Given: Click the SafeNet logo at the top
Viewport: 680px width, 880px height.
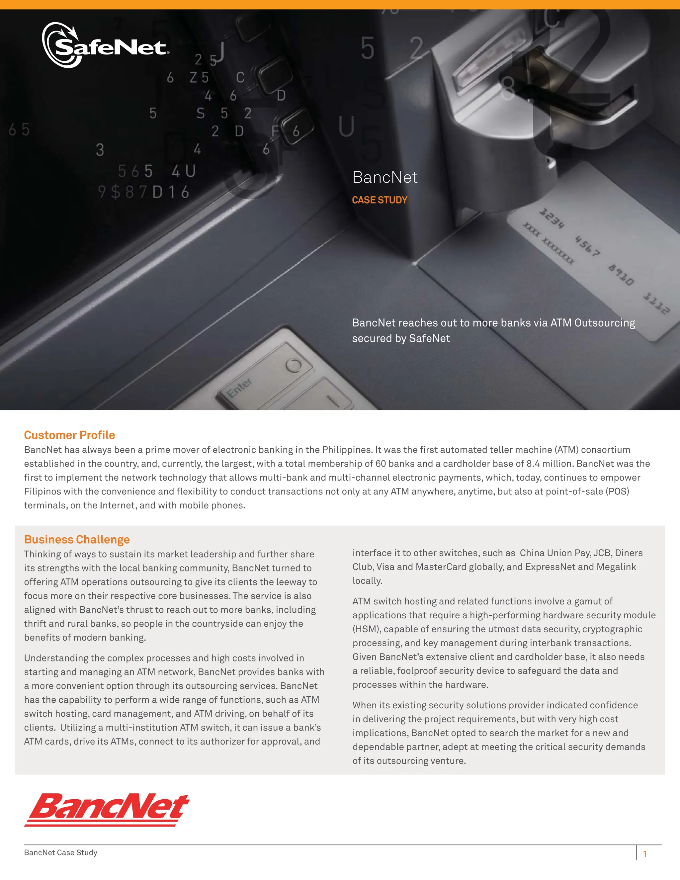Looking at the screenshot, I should (x=106, y=45).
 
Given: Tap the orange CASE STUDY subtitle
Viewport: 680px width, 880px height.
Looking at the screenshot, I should (x=380, y=200).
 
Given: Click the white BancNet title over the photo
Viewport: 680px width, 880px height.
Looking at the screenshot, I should (x=385, y=177).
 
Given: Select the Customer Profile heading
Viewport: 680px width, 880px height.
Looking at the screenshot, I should (x=69, y=435).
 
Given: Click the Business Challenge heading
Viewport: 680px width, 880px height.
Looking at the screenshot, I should (x=77, y=540).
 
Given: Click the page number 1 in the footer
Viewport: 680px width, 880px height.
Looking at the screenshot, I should (x=645, y=854).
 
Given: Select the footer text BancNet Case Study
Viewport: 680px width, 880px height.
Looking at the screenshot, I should (x=60, y=852).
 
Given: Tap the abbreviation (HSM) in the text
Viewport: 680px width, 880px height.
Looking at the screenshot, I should (x=367, y=629).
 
